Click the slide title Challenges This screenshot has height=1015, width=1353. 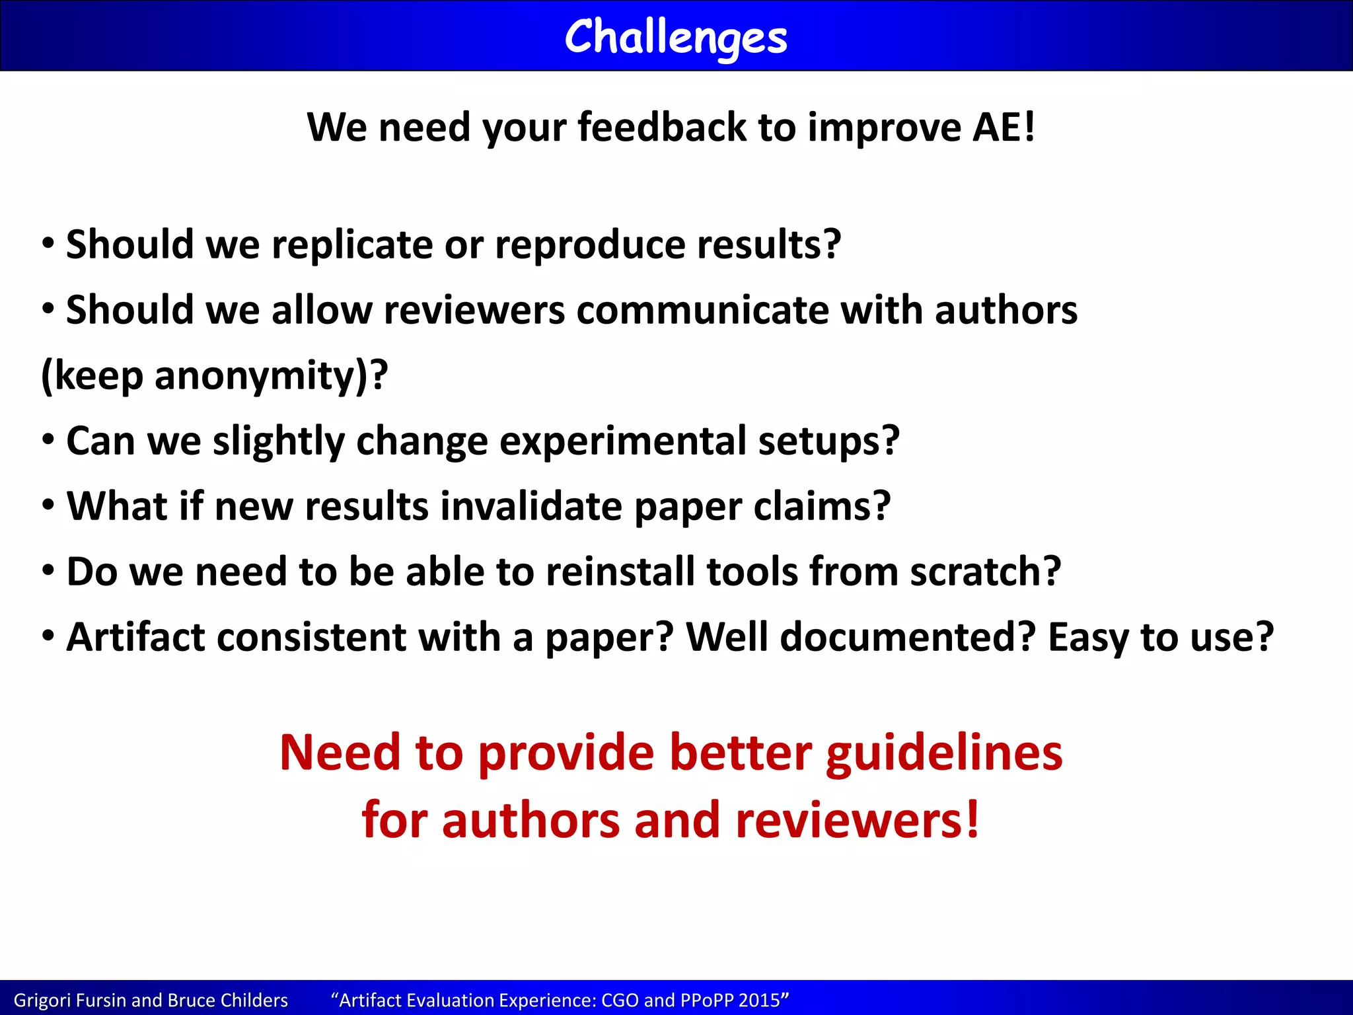pyautogui.click(x=676, y=37)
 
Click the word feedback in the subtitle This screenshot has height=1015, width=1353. pyautogui.click(x=662, y=127)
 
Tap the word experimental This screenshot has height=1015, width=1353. pyautogui.click(x=622, y=441)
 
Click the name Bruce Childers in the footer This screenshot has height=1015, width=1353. pyautogui.click(x=228, y=1000)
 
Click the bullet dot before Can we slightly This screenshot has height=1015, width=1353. pyautogui.click(x=48, y=439)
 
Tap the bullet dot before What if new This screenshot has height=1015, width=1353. pyautogui.click(x=48, y=505)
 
